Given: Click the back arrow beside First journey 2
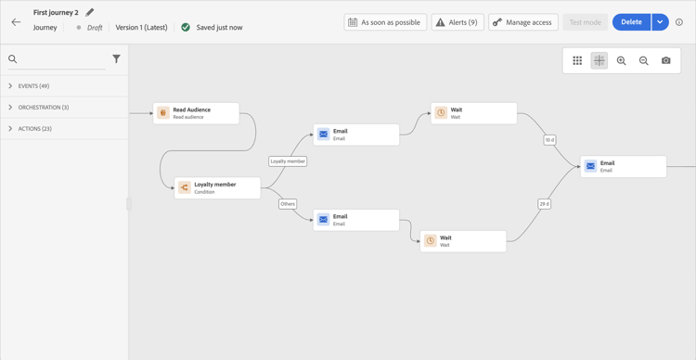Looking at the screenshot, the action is point(16,22).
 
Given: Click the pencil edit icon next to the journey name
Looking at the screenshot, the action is point(90,13).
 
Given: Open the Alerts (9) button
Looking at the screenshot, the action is point(457,22).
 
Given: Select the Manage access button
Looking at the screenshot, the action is point(523,22).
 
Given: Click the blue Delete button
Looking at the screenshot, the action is point(631,22).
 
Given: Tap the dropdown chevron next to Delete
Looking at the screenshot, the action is point(660,22).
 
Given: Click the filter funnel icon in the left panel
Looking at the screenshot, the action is point(116,59).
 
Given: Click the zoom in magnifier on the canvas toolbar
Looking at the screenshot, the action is point(622,61).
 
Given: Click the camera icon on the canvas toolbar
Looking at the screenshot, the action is point(665,61).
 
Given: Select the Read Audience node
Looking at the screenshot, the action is point(196,113).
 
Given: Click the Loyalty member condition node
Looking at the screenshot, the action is point(217,188).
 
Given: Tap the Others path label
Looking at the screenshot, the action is point(288,204).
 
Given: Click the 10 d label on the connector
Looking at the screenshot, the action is point(549,140).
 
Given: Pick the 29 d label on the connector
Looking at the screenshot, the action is point(545,204).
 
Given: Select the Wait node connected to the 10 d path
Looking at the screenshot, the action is point(473,113).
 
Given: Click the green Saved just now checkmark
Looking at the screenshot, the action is point(186,28).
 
